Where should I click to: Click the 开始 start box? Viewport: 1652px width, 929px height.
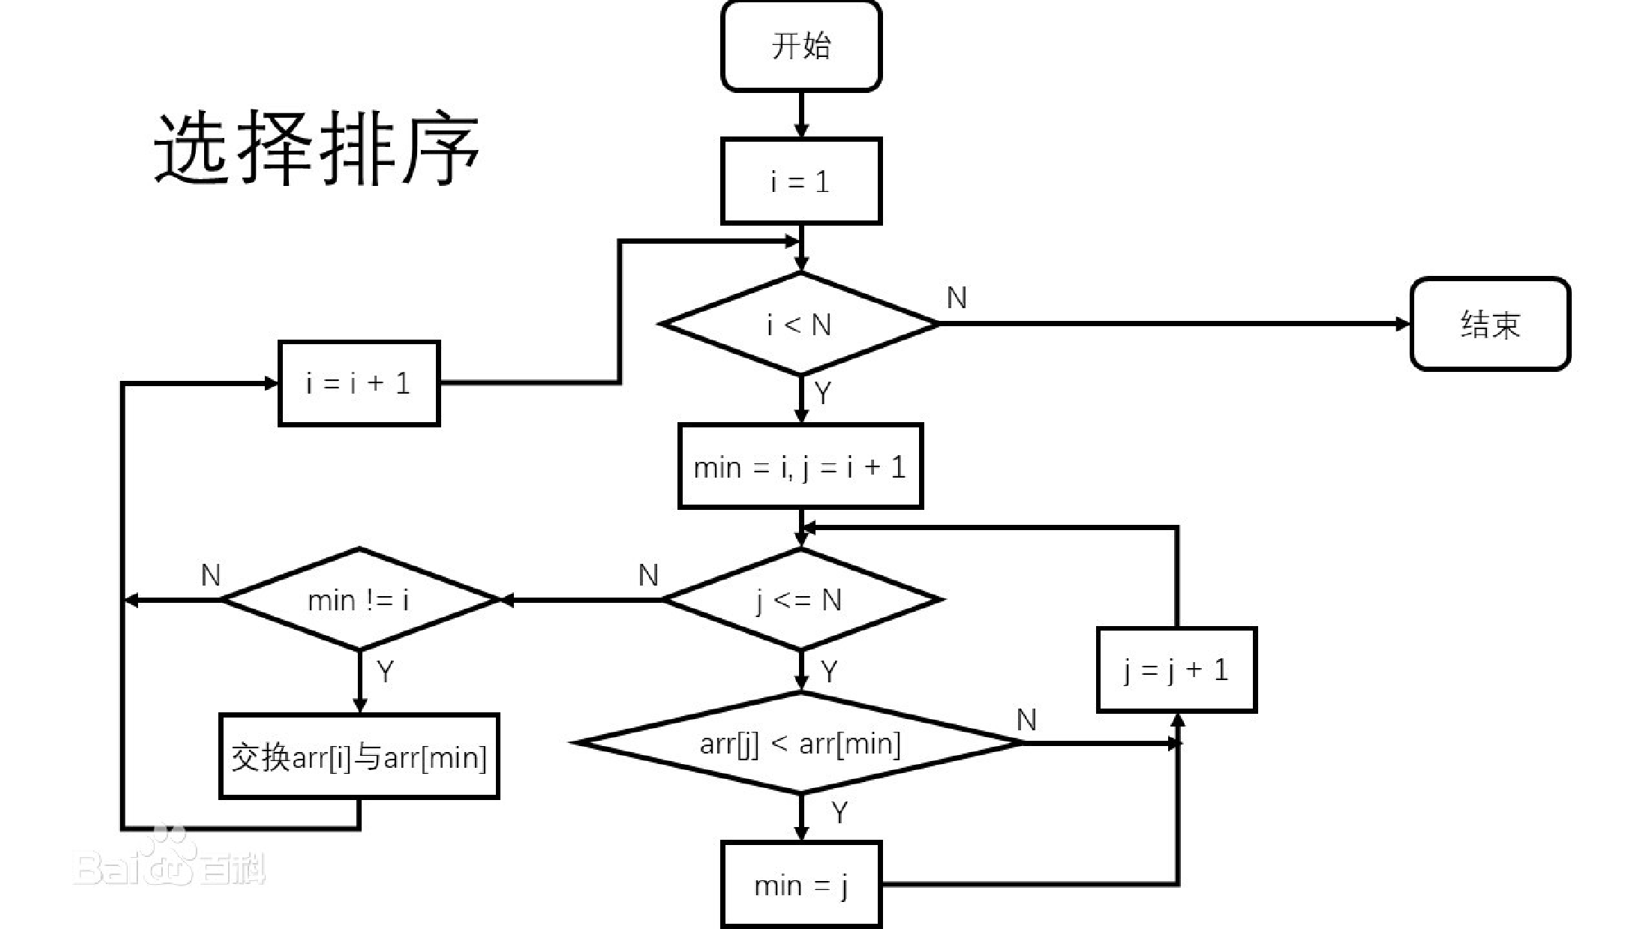[800, 46]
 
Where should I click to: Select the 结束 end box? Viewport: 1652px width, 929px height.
[1490, 324]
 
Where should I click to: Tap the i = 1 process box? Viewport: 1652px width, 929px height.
[800, 181]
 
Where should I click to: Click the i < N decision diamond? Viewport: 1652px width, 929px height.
[800, 324]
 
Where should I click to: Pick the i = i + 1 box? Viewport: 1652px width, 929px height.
[359, 383]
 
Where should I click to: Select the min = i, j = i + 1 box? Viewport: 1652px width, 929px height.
[800, 466]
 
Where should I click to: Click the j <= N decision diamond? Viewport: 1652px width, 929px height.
[800, 600]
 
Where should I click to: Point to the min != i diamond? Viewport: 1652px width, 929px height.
[359, 600]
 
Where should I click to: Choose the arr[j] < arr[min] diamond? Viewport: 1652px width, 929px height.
[800, 743]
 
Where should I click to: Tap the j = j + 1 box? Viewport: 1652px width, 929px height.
[1176, 670]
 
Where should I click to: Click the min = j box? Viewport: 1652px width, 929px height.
[800, 885]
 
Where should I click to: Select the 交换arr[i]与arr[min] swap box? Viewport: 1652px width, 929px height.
[359, 757]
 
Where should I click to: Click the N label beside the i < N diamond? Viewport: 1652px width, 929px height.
[957, 298]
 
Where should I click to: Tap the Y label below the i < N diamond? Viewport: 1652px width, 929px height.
[823, 392]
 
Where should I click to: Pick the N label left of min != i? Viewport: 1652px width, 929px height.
[211, 575]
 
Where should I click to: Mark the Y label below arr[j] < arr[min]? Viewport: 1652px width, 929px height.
[840, 812]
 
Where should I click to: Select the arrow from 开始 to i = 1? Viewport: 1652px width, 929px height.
[801, 114]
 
